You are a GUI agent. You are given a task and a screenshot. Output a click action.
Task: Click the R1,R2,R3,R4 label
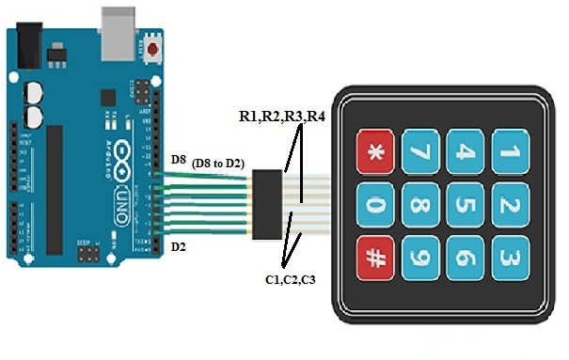point(281,117)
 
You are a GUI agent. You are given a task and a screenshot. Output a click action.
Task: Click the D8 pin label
point(179,161)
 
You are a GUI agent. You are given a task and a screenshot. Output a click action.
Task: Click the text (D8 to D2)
point(218,164)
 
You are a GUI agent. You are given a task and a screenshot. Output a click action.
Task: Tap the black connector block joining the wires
point(269,202)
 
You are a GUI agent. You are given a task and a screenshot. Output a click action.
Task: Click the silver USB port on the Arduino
point(119,20)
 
